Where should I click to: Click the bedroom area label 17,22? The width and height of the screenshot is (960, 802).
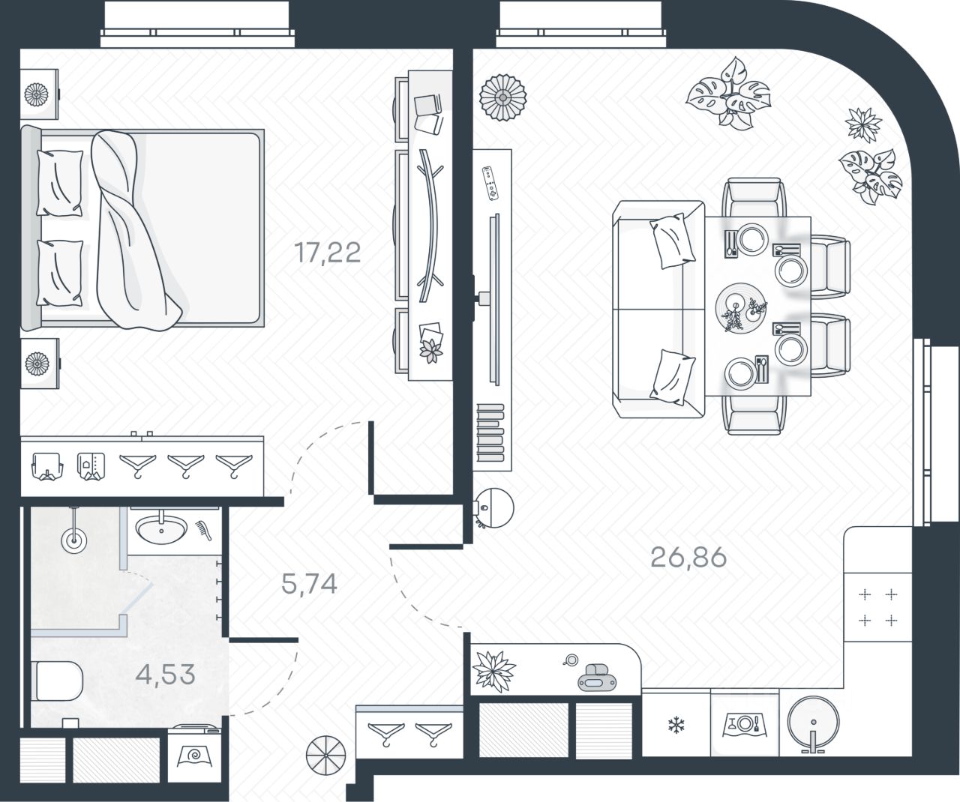pos(328,253)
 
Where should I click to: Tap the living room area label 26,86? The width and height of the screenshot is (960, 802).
pos(688,557)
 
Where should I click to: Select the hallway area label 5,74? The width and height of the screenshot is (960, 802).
pos(309,583)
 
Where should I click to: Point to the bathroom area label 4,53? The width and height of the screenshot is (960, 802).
pos(165,674)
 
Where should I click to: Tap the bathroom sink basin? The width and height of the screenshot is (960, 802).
pos(162,530)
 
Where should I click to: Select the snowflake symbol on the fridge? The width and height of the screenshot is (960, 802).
pos(676,725)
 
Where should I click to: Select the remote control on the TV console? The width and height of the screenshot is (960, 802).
pos(490,182)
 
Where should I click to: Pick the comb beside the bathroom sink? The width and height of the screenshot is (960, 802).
pos(204,530)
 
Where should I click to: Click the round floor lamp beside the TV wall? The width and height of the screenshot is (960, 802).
pos(494,507)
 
